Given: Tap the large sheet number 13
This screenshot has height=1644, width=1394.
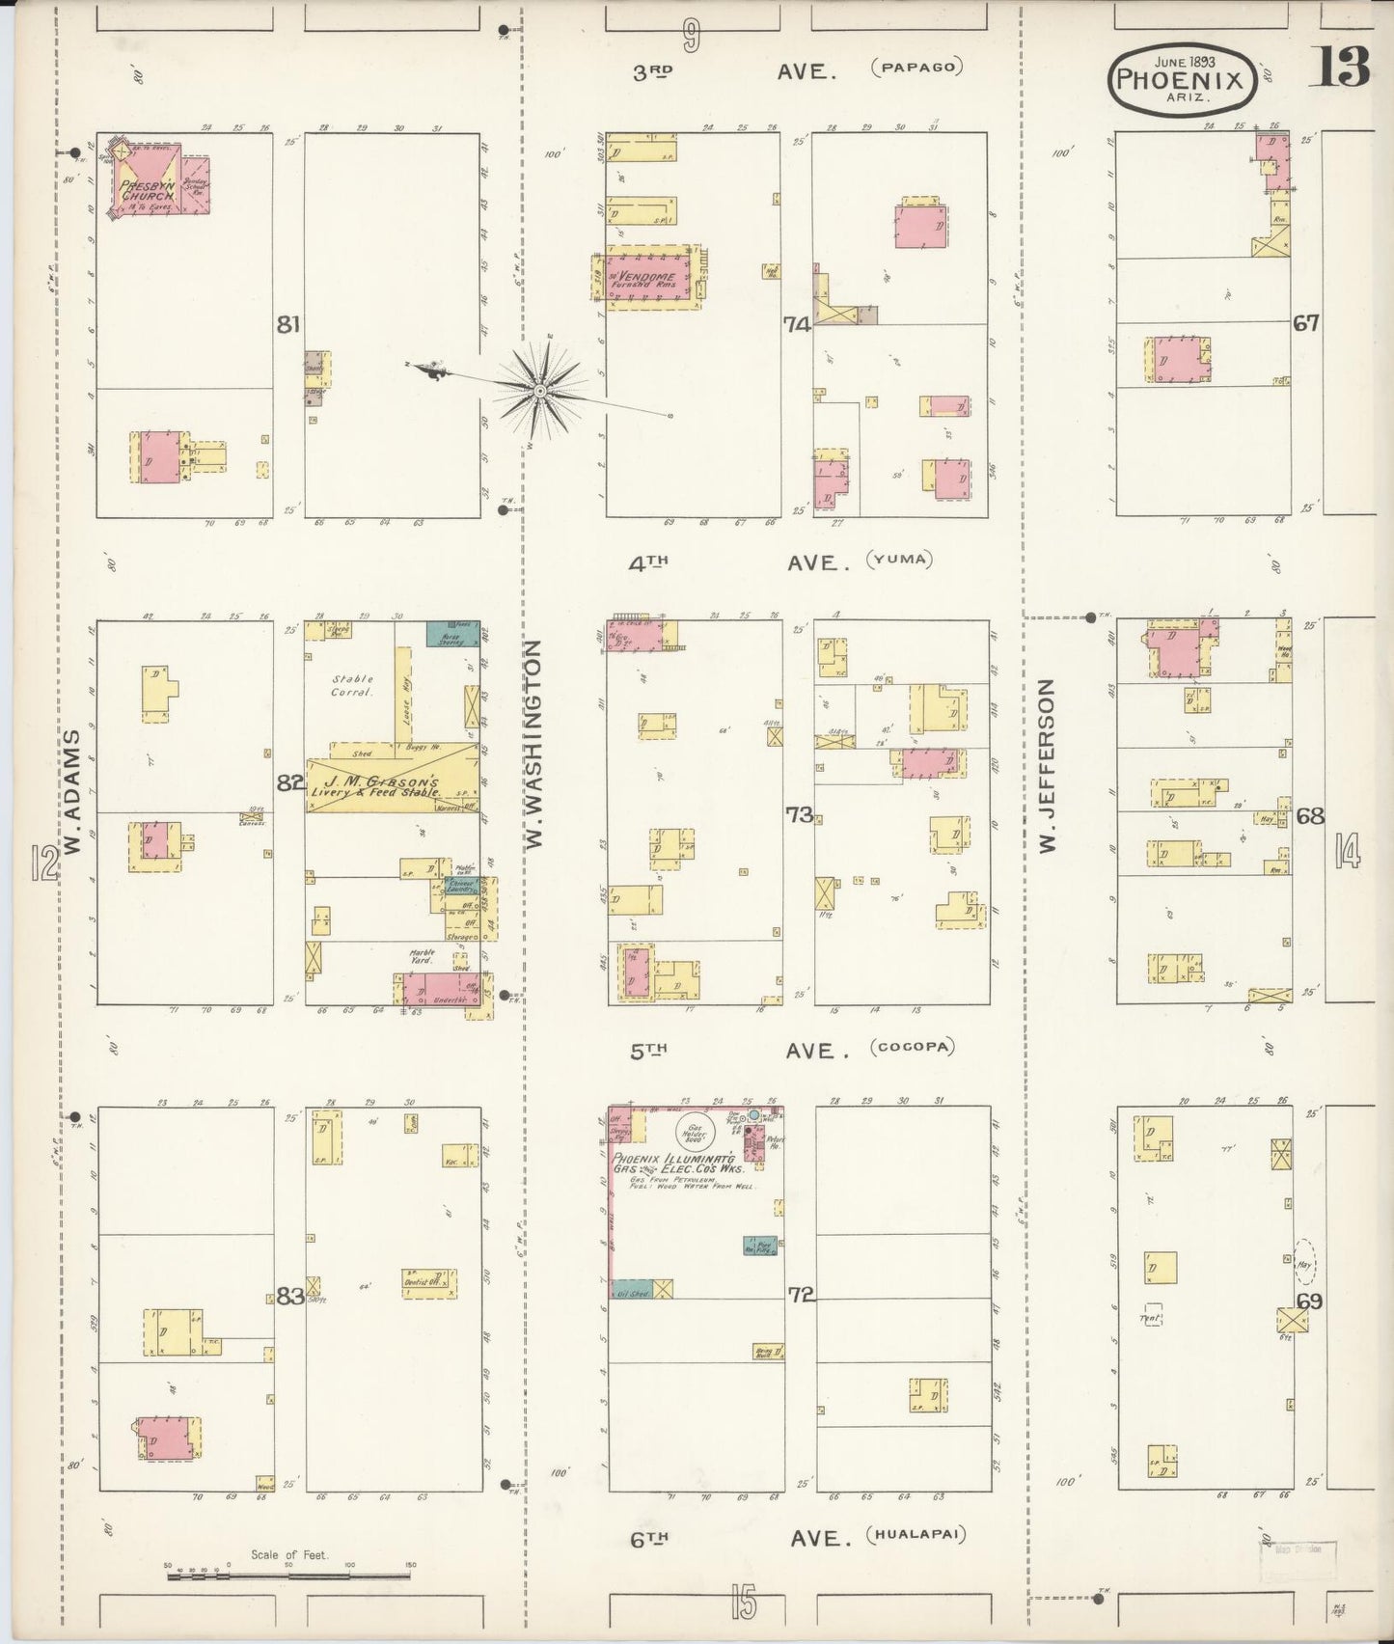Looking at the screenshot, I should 1339,68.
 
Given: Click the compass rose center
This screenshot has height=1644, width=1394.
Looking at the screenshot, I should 540,391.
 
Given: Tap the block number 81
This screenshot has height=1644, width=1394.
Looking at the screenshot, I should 287,325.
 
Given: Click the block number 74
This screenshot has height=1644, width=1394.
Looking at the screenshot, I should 797,325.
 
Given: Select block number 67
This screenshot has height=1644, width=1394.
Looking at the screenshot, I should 1306,323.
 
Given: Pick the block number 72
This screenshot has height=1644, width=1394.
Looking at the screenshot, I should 801,1294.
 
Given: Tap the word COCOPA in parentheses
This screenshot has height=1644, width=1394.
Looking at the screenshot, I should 912,1047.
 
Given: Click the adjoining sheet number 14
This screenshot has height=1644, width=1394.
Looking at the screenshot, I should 1347,851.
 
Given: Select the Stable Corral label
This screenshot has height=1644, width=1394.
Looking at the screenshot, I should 351,685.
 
